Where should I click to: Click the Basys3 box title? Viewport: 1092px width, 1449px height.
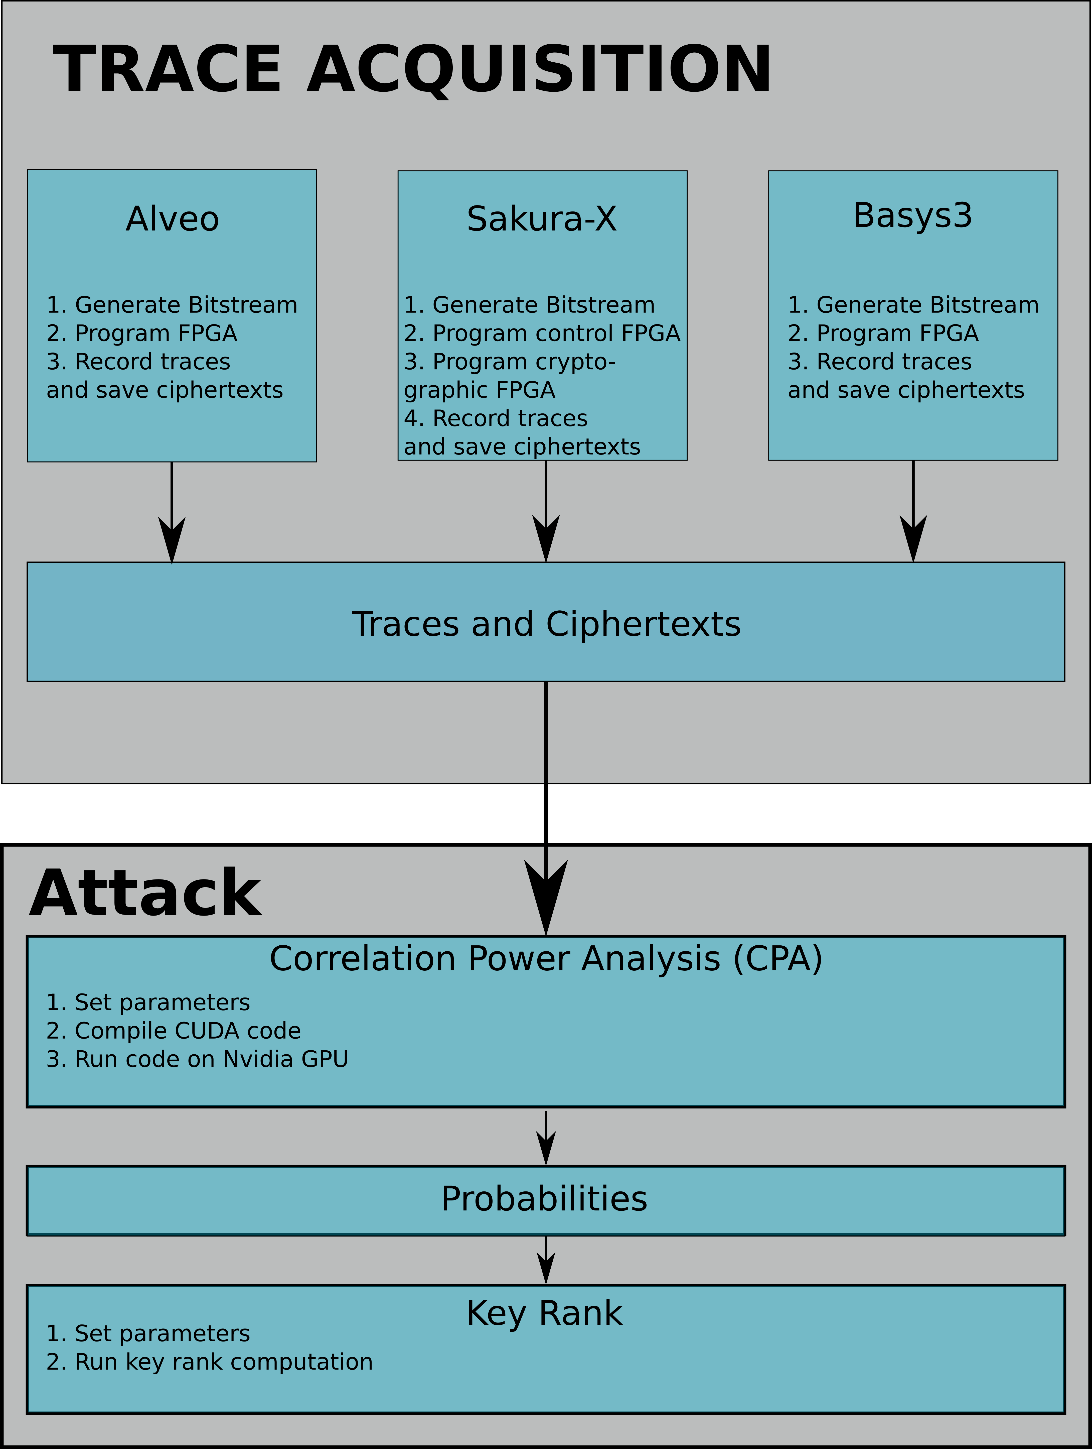coord(913,216)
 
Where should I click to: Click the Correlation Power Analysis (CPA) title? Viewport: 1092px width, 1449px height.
coord(546,959)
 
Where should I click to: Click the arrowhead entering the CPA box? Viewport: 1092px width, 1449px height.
coord(546,896)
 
